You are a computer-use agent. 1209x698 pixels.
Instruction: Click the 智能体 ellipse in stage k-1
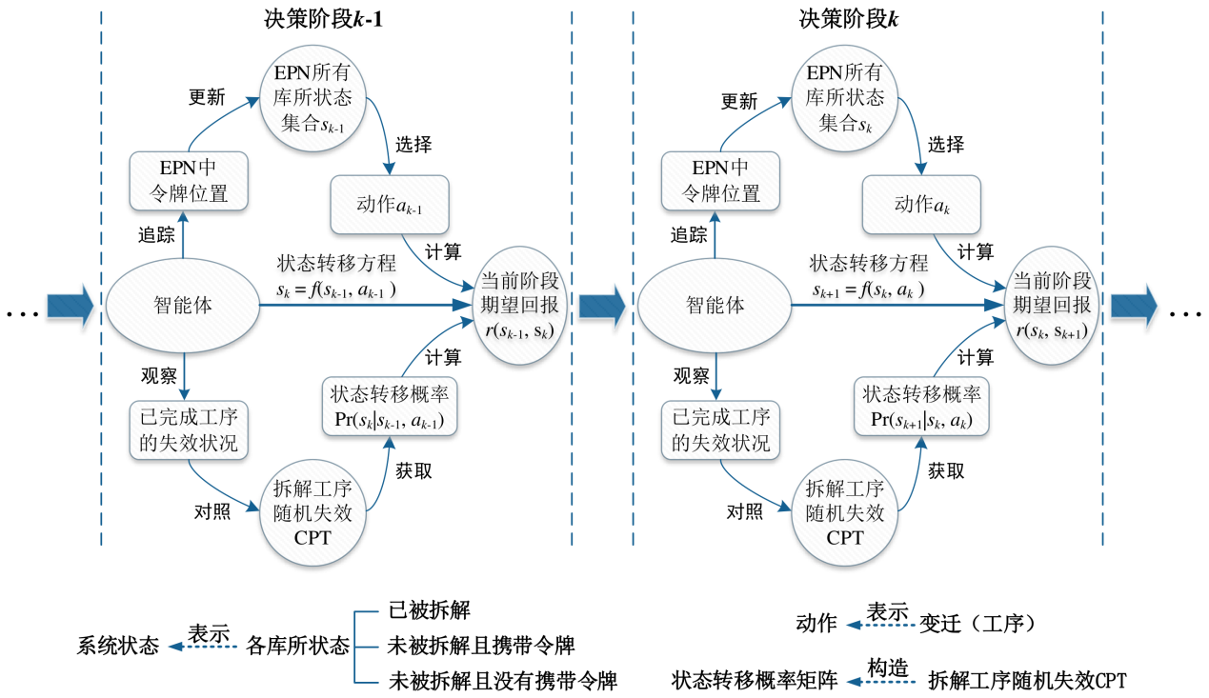[x=181, y=306]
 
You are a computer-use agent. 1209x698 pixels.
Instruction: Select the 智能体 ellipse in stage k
[x=713, y=306]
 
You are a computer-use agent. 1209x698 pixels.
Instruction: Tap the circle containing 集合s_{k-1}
[x=313, y=99]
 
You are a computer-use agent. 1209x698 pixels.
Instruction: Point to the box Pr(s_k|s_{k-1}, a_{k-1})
[x=389, y=408]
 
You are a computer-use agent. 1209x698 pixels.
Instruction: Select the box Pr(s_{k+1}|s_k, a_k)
[x=921, y=408]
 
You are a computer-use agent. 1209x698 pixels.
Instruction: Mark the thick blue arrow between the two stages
[x=601, y=306]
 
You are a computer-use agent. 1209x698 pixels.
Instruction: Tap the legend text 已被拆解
[x=430, y=610]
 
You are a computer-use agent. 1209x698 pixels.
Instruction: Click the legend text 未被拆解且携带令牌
[x=481, y=646]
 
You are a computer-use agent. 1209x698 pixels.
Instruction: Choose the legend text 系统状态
[x=117, y=647]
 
